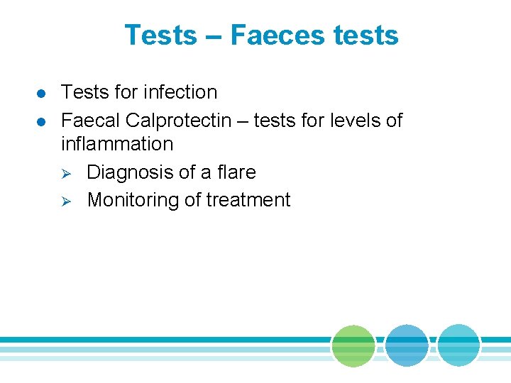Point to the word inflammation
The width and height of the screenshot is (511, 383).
point(117,144)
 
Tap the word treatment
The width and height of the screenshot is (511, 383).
point(248,200)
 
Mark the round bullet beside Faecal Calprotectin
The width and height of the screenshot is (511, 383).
point(43,122)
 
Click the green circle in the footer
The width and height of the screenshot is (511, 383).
point(353,345)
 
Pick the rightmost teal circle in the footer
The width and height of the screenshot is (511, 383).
point(458,345)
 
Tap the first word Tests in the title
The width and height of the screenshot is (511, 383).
point(160,35)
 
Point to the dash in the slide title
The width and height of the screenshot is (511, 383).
point(214,36)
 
